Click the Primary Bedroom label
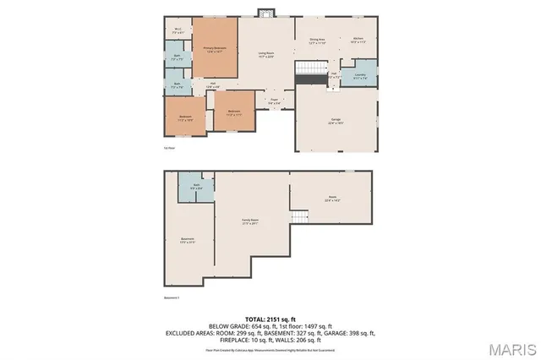213,49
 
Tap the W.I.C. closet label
178,30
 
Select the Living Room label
265,54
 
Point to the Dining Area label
317,41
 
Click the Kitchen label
358,41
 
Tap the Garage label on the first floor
335,122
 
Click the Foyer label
274,101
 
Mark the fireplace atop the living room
266,13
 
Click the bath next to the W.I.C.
178,58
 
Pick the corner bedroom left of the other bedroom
185,118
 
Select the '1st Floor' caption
169,146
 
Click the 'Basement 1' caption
172,297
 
